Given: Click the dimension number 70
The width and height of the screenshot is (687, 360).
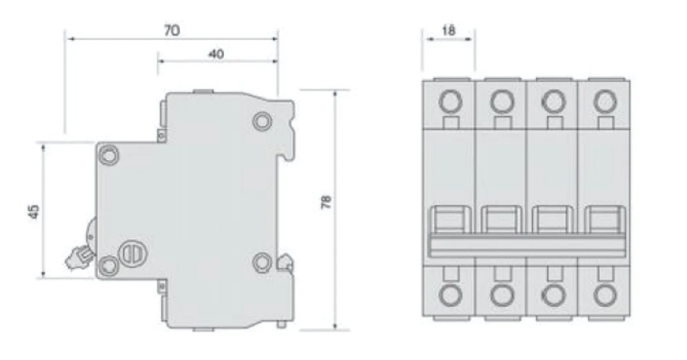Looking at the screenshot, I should tap(172, 31).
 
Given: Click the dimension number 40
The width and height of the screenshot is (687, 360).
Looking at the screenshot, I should tap(216, 54).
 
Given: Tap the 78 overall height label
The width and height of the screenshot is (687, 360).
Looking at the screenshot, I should tap(326, 202).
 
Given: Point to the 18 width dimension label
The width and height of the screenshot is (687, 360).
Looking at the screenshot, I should tap(449, 30).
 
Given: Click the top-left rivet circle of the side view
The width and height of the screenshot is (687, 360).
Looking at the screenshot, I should tap(109, 154).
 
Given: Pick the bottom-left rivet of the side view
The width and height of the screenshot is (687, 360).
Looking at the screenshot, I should tap(109, 264).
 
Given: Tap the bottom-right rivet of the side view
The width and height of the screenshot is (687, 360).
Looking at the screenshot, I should tap(261, 262).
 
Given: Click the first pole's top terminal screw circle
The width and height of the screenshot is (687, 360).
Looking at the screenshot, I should tap(450, 102).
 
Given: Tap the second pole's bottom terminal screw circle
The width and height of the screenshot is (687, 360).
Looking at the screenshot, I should tap(501, 296).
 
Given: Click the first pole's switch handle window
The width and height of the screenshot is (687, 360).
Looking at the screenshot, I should tap(450, 221).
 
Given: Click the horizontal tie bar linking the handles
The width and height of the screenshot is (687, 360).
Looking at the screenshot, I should tap(526, 247).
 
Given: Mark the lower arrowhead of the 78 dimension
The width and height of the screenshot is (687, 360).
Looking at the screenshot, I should tap(336, 326).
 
